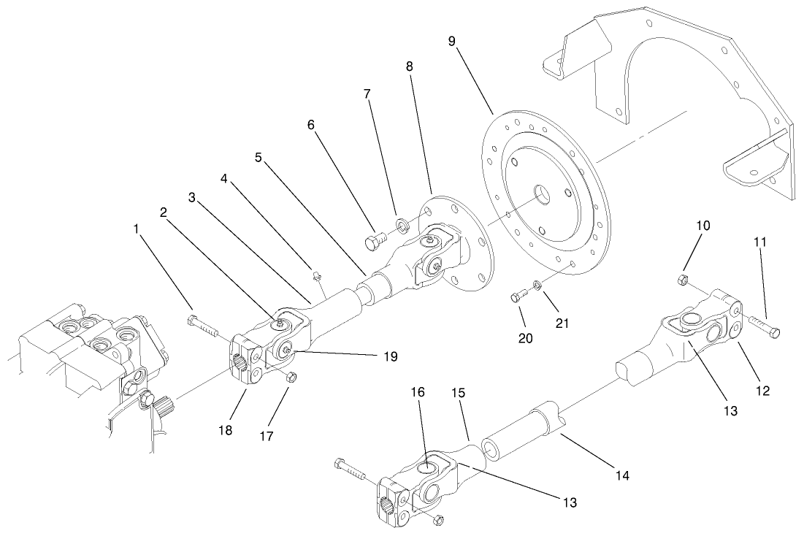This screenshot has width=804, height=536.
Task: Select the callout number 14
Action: point(621,475)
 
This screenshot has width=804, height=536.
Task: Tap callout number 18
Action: point(225,430)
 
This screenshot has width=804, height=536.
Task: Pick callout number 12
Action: point(762,391)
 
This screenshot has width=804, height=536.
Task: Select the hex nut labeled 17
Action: point(288,377)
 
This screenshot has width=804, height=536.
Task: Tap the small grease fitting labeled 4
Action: point(317,276)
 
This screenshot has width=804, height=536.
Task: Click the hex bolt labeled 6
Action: point(374,240)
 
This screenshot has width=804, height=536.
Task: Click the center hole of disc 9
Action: point(542,194)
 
